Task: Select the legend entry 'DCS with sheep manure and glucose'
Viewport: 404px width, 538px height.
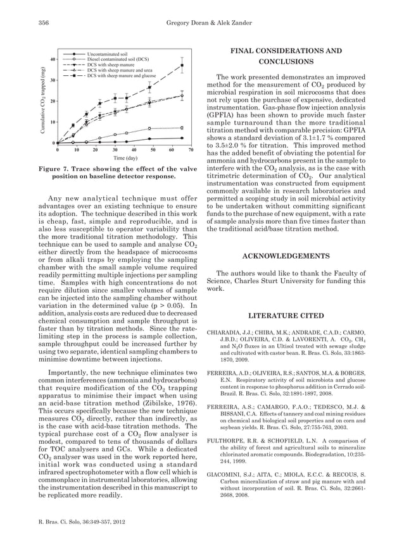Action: pyautogui.click(x=121, y=75)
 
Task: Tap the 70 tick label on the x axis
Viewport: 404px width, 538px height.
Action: pyautogui.click(x=191, y=150)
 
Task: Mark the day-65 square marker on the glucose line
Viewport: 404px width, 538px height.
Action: pyautogui.click(x=182, y=65)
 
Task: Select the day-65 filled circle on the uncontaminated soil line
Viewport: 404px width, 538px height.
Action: pyautogui.click(x=182, y=138)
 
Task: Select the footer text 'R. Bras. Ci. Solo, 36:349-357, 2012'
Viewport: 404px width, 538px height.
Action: pyautogui.click(x=82, y=522)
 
